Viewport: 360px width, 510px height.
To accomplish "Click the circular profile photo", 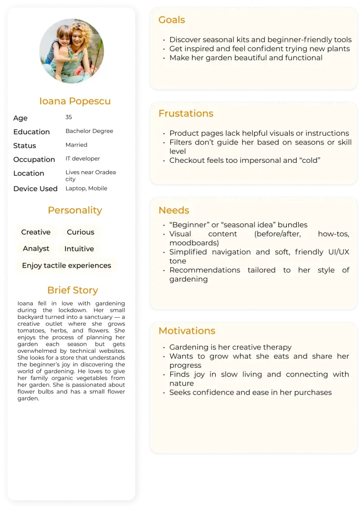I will pos(72,51).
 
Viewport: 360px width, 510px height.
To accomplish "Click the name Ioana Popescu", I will pos(75,101).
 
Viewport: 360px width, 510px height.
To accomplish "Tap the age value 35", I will pos(68,117).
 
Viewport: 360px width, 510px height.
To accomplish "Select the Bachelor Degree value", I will pos(89,131).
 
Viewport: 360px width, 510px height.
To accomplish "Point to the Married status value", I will pos(76,145).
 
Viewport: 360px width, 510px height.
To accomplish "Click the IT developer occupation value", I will pos(82,159).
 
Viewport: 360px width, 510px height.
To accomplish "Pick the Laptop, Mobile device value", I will pos(86,188).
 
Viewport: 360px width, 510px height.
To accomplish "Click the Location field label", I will pos(29,173).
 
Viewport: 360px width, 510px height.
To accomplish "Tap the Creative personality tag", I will pos(36,232).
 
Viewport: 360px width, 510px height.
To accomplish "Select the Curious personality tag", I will pos(80,232).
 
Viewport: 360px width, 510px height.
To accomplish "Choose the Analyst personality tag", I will pos(36,249).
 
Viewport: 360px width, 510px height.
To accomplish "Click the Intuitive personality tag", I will pos(79,249).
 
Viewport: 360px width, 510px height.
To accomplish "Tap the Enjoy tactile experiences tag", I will pos(67,266).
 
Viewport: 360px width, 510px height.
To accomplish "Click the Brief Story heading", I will pos(73,290).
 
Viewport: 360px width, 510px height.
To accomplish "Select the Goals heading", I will pos(172,20).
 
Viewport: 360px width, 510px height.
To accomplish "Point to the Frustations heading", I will pos(186,114).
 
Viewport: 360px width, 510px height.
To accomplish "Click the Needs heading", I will pos(174,210).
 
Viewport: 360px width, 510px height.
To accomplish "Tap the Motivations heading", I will pos(187,331).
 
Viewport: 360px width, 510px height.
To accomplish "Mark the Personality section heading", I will pos(75,210).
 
